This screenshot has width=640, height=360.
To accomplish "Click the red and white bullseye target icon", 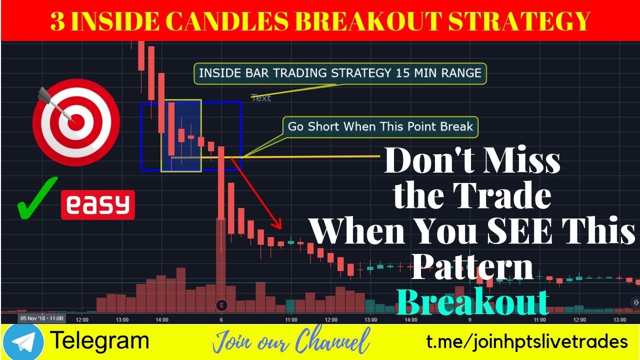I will click(x=75, y=122).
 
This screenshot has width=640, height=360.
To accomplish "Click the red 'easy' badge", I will click(x=98, y=204).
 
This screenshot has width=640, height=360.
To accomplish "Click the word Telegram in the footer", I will click(x=100, y=341).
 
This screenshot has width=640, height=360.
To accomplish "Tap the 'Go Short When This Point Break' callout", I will click(x=380, y=126).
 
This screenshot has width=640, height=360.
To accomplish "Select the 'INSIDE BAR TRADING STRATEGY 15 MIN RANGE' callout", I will click(x=340, y=73).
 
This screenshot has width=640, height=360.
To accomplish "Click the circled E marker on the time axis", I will click(x=221, y=305).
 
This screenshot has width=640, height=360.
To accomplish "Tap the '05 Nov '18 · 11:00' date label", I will click(x=41, y=318).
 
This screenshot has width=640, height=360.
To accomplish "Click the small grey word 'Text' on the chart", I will click(x=261, y=97).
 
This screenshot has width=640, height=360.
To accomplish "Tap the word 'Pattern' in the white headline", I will click(x=472, y=267).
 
